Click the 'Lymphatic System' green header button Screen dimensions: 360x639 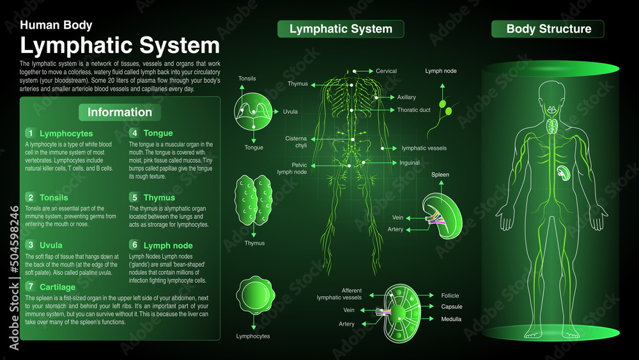[341, 29]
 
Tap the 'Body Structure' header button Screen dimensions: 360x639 [548, 29]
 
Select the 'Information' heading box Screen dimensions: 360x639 [119, 113]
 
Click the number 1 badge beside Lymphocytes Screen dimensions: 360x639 [29, 133]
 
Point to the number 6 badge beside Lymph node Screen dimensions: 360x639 [134, 245]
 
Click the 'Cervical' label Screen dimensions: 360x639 [386, 71]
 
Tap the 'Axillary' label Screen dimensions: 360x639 [406, 97]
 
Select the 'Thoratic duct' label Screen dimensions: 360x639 [413, 110]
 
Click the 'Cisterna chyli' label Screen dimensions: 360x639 [296, 142]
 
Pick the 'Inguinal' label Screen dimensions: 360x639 [410, 162]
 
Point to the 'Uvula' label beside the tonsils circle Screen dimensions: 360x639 [290, 111]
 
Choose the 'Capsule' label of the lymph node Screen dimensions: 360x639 [451, 307]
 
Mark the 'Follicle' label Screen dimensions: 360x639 [450, 295]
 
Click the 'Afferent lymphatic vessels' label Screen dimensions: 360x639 [343, 294]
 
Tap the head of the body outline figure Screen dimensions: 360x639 [550, 95]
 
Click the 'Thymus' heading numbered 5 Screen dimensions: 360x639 [159, 198]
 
